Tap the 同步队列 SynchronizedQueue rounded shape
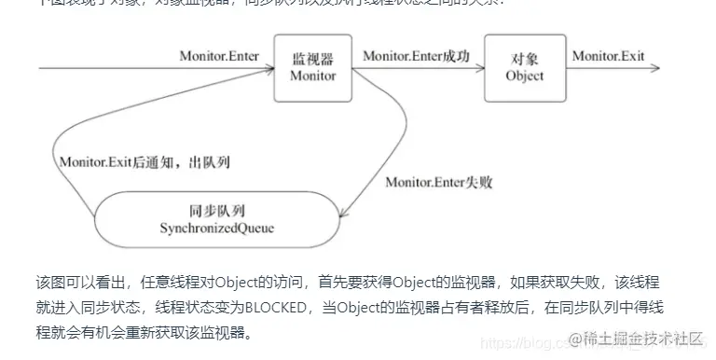[x=216, y=218]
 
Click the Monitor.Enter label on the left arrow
[x=219, y=56]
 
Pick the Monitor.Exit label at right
[x=608, y=56]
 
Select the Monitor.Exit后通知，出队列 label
[x=145, y=161]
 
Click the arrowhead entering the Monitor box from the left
[x=268, y=68]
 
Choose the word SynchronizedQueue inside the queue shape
[x=216, y=228]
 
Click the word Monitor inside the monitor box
[x=312, y=76]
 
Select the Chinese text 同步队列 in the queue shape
[x=216, y=210]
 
